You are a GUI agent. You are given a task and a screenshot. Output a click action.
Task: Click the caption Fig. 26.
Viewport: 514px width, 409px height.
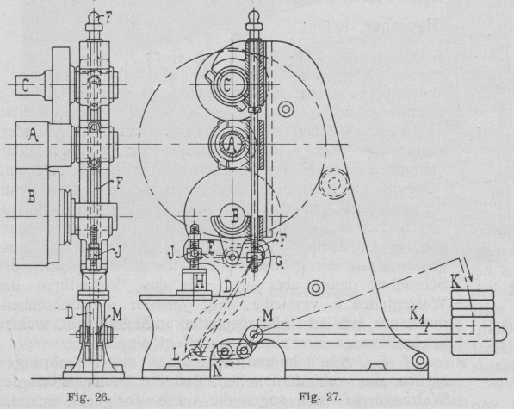89,397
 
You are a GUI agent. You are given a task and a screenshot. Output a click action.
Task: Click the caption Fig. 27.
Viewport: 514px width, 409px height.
320,397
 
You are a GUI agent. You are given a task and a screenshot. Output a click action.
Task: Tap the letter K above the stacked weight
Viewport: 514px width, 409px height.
456,282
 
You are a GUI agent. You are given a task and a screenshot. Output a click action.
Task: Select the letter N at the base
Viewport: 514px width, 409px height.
218,370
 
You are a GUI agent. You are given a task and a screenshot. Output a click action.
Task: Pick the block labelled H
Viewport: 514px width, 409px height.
199,282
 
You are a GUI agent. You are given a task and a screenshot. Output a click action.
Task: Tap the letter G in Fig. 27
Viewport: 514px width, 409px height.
279,261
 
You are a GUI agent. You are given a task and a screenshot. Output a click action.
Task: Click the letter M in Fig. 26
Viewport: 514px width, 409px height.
117,315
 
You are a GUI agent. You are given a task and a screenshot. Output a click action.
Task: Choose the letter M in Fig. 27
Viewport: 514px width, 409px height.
268,316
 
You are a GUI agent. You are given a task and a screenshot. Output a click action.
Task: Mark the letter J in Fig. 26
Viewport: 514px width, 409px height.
118,251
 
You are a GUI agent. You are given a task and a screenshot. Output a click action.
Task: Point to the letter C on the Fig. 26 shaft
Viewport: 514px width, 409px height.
25,86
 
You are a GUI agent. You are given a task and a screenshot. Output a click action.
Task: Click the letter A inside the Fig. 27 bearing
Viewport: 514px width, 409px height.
232,143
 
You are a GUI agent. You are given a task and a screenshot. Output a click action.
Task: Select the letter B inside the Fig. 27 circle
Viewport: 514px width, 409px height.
235,216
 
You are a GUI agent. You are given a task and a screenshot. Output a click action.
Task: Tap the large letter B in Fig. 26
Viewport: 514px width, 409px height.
31,196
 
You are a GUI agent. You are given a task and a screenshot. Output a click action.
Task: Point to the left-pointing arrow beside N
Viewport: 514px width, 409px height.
235,363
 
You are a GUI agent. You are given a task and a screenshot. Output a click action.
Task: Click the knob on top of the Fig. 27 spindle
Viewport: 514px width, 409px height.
253,21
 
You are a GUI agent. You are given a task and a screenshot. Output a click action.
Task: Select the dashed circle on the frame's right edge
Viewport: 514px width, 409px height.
333,183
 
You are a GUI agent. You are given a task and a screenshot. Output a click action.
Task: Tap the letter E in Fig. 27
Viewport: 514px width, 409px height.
211,248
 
